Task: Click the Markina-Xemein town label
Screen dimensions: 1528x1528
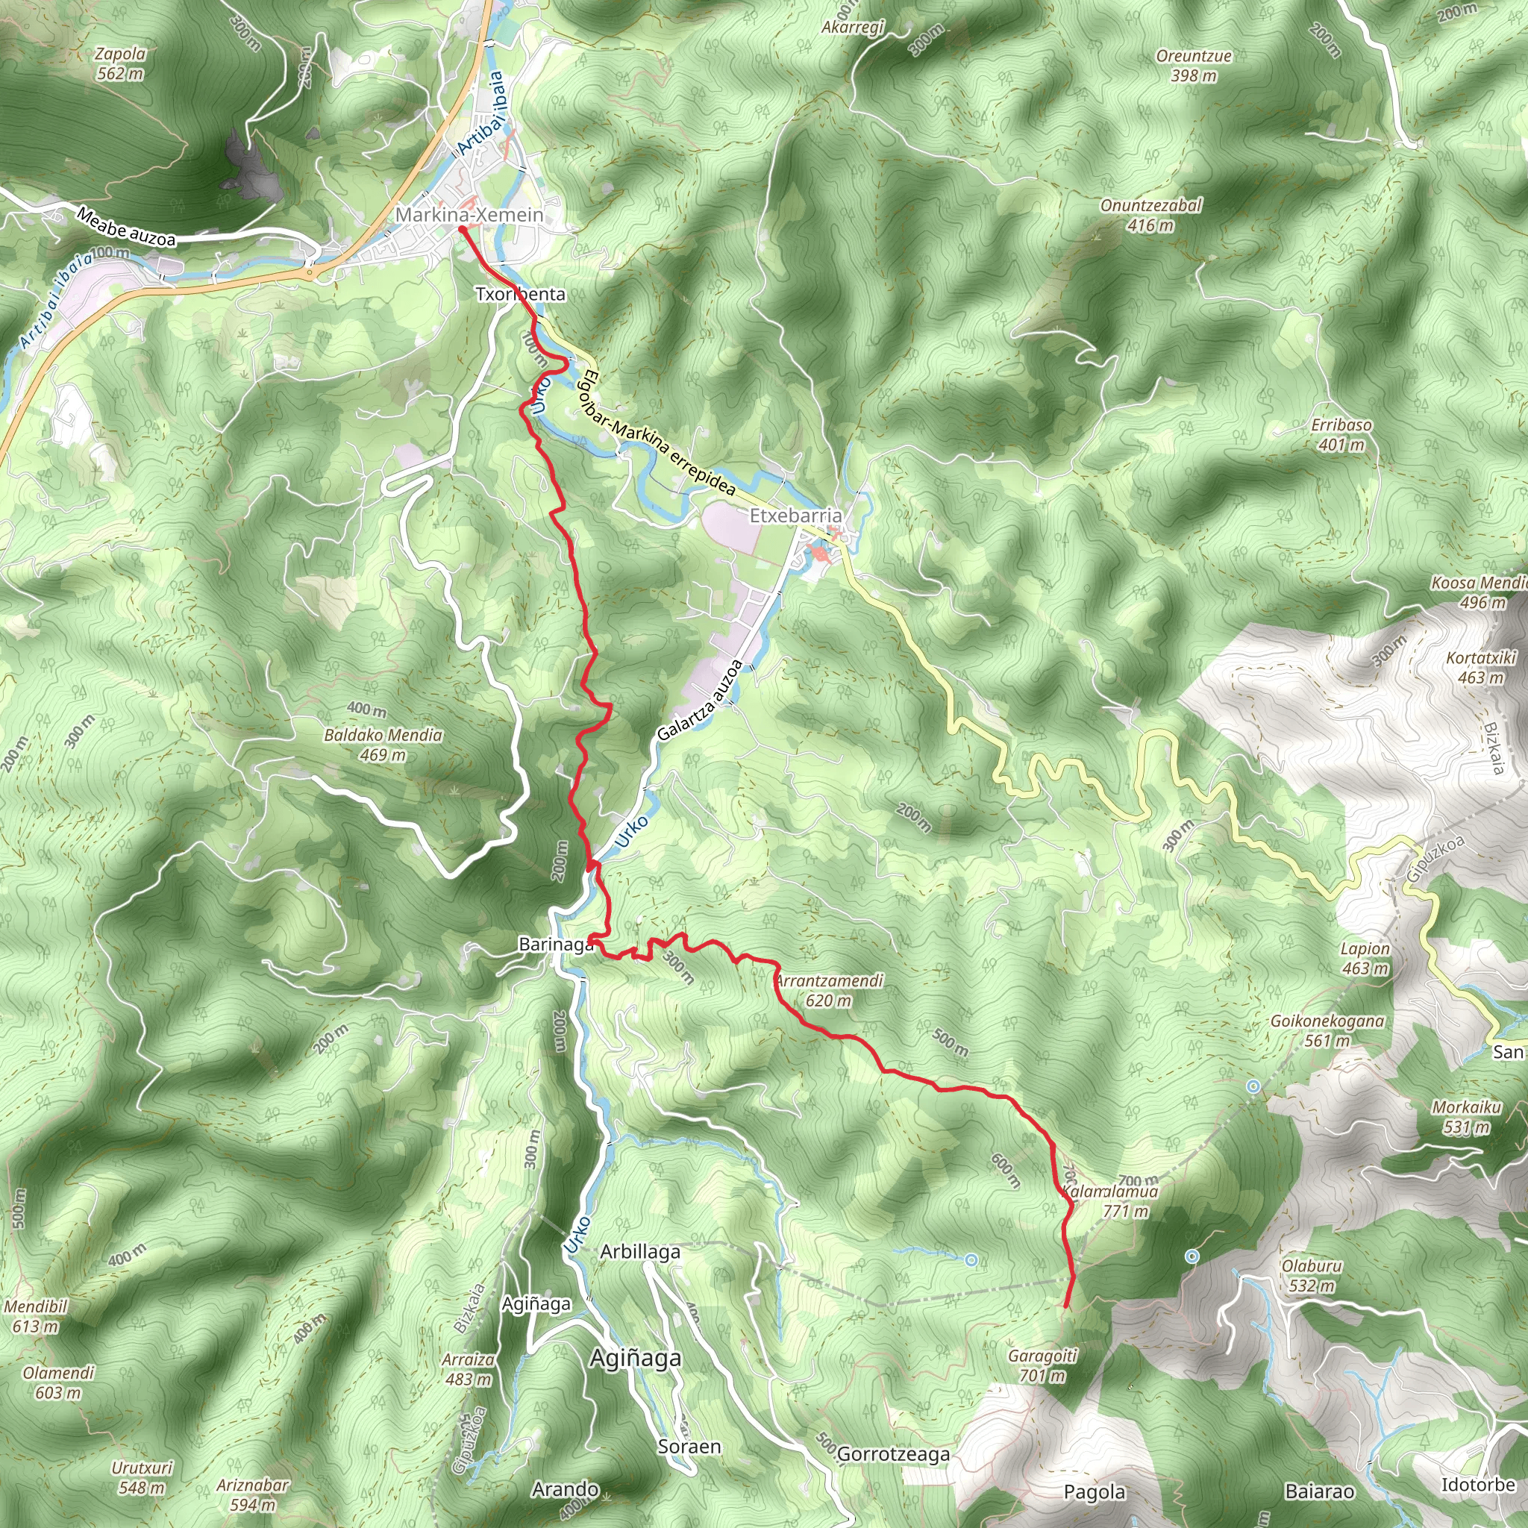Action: pyautogui.click(x=469, y=214)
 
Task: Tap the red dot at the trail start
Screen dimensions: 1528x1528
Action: pyautogui.click(x=462, y=229)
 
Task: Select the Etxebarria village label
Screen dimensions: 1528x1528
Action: pyautogui.click(x=795, y=516)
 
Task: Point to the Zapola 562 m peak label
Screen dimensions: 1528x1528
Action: pyautogui.click(x=120, y=64)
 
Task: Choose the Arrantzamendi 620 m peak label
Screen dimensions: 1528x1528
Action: pyautogui.click(x=829, y=990)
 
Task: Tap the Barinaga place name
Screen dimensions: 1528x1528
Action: pyautogui.click(x=556, y=945)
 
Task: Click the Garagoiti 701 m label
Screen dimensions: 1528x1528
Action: pyautogui.click(x=1042, y=1366)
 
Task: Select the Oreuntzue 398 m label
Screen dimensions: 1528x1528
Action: pyautogui.click(x=1194, y=66)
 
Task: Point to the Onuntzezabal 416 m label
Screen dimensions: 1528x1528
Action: pyautogui.click(x=1150, y=215)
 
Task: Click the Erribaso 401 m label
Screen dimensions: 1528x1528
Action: pyautogui.click(x=1341, y=434)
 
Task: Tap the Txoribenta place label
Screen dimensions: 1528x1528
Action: pyautogui.click(x=521, y=294)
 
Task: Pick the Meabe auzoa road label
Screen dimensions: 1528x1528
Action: pyautogui.click(x=127, y=227)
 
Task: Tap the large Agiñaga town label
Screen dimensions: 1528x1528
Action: pyautogui.click(x=635, y=1358)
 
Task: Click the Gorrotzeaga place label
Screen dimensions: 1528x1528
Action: pyautogui.click(x=893, y=1453)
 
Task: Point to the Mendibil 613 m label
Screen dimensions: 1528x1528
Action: pyautogui.click(x=36, y=1316)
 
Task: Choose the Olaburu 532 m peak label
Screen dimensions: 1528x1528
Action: pyautogui.click(x=1312, y=1276)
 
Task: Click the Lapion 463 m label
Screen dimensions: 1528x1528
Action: pyautogui.click(x=1365, y=959)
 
